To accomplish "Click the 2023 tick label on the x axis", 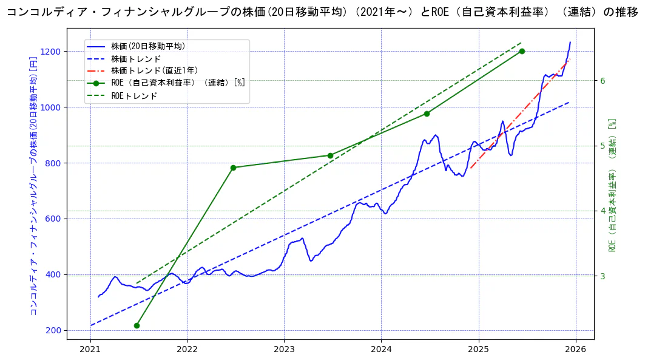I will [x=284, y=350].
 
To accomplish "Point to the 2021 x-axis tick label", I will [x=90, y=350].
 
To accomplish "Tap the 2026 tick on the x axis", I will [x=575, y=350].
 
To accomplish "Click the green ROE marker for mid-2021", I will [x=137, y=325].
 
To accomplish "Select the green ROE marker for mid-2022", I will [x=233, y=168].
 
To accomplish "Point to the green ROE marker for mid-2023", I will [x=330, y=155].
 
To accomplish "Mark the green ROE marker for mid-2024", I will [x=427, y=114].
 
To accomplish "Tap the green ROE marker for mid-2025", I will [x=522, y=51].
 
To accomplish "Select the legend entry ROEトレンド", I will [x=134, y=95].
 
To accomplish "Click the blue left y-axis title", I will [x=34, y=185].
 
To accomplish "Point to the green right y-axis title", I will [x=612, y=185].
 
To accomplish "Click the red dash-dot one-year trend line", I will [x=522, y=113].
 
